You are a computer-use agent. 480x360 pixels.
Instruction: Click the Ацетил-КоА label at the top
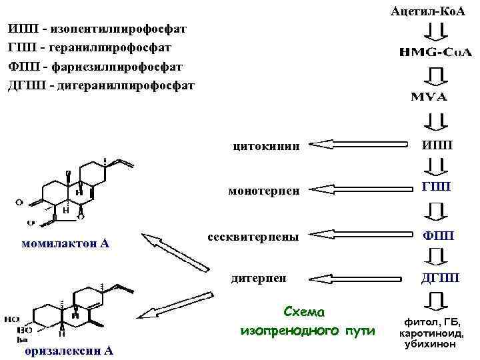[427, 12]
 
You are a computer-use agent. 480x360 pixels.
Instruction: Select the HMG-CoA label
[427, 52]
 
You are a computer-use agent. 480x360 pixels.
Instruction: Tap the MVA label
[428, 97]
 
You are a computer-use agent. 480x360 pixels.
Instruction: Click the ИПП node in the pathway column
[437, 145]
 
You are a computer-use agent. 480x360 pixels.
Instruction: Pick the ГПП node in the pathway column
[437, 188]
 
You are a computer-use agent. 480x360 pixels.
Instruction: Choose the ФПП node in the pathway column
[437, 234]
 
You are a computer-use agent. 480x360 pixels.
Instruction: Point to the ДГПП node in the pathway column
[437, 277]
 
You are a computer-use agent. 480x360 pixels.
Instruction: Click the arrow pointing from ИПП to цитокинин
[359, 143]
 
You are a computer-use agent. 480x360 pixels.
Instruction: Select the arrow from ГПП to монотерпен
[359, 188]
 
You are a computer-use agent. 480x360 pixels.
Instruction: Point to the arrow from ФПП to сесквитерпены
[359, 233]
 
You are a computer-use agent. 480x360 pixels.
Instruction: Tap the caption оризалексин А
[69, 351]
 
